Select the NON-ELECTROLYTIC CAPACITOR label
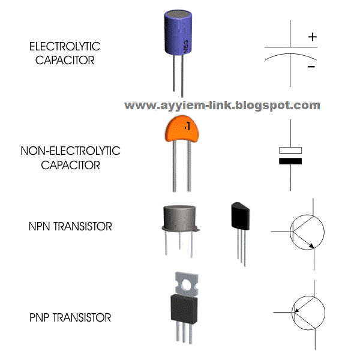70,157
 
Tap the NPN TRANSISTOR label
70,227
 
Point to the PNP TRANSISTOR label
70,317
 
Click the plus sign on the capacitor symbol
312,37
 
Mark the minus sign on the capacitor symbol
311,67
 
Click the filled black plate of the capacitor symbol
291,161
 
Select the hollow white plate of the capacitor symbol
291,150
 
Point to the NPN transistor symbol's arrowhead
310,243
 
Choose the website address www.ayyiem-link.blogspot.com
222,105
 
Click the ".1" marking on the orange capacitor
187,127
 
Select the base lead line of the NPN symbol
281,231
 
